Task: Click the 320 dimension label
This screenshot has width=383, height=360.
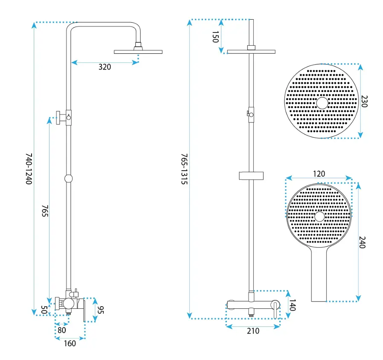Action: (x=104, y=67)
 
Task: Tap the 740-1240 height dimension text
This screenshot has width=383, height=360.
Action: (x=29, y=169)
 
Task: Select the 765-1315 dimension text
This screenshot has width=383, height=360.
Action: (x=184, y=169)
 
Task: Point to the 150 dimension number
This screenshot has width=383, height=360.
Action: (x=215, y=37)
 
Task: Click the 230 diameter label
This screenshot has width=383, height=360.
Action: (x=364, y=102)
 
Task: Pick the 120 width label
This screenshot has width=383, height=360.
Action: (x=319, y=174)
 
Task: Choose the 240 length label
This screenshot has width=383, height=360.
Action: (x=362, y=242)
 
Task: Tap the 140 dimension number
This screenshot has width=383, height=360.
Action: (x=293, y=305)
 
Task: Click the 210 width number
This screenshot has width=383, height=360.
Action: (x=253, y=331)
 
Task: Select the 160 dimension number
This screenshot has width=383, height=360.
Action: (x=70, y=344)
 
